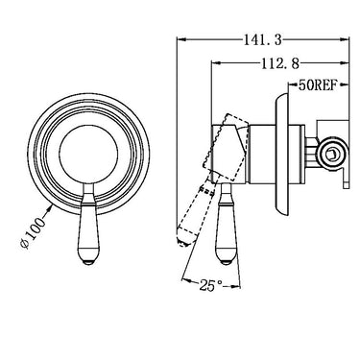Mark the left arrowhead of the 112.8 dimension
pyautogui.click(x=213, y=61)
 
